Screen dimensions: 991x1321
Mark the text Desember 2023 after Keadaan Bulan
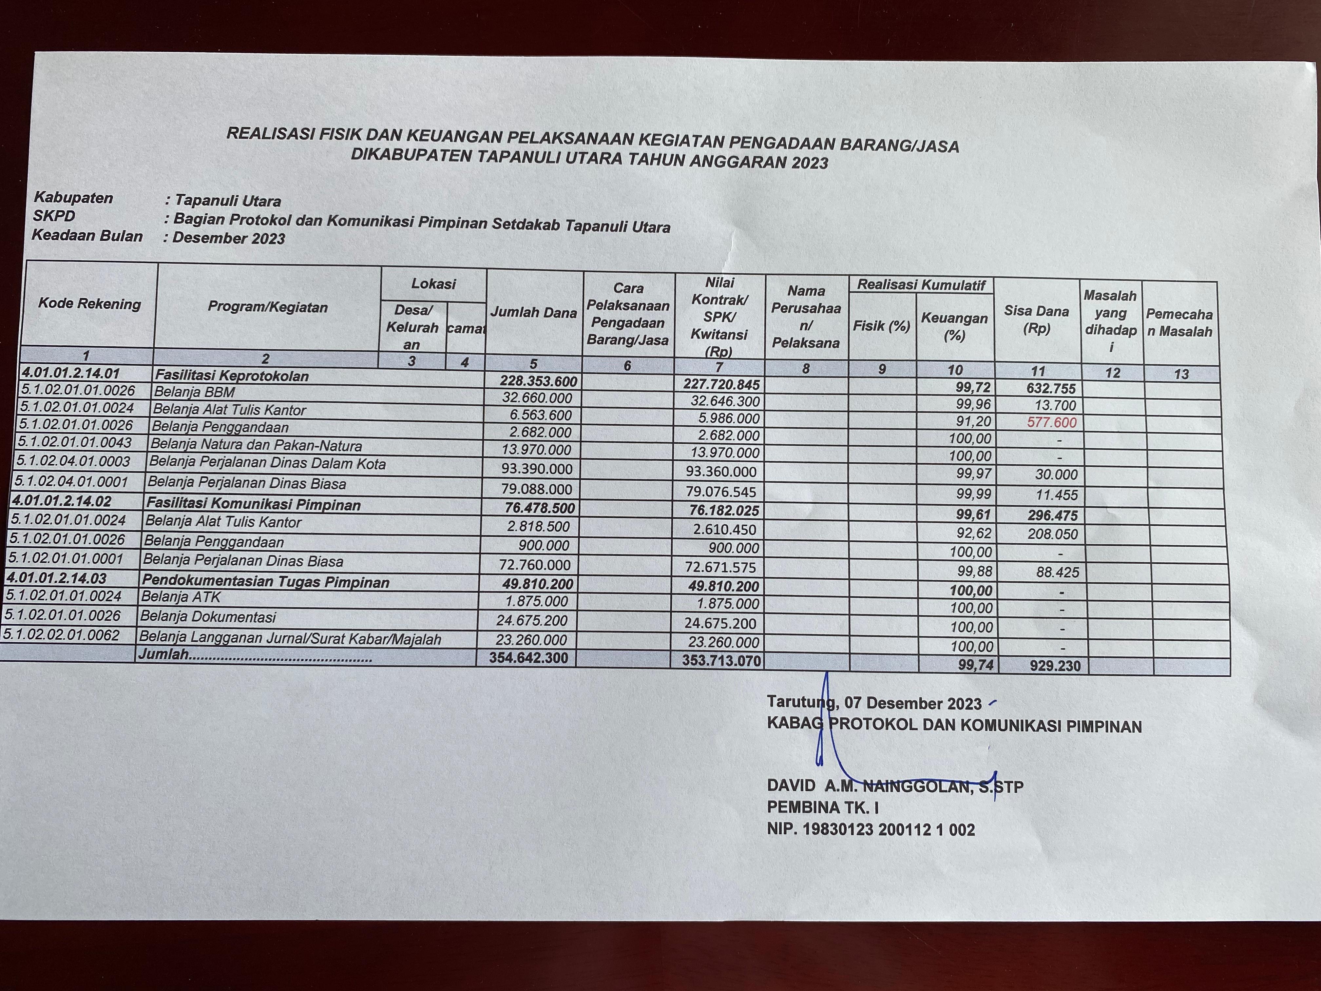(x=229, y=238)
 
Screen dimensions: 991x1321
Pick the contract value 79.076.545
(x=721, y=492)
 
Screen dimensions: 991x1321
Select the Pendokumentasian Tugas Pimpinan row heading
(x=265, y=582)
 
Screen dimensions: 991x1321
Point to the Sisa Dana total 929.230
(x=1055, y=666)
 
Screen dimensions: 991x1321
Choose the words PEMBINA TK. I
(x=822, y=807)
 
